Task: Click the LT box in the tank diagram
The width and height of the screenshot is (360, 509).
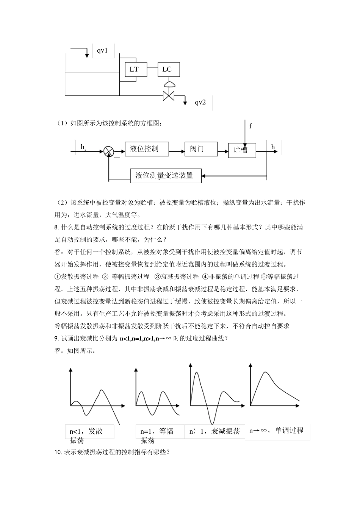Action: [x=134, y=69]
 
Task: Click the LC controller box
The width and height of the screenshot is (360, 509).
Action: [x=167, y=69]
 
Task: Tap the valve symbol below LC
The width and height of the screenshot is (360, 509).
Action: [x=168, y=95]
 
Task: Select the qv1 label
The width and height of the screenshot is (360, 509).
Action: [x=103, y=50]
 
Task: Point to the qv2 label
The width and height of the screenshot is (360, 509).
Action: [x=200, y=102]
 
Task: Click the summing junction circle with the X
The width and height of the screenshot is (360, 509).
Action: [x=109, y=151]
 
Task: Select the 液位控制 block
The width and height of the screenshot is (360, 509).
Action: [x=144, y=148]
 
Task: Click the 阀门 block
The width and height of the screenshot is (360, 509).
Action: [x=197, y=148]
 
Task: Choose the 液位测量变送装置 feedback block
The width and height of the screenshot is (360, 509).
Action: [x=164, y=176]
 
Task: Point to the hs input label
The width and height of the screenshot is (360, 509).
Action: [x=83, y=147]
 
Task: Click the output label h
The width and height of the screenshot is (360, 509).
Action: [x=273, y=147]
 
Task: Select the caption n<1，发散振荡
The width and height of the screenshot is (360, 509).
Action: [x=86, y=435]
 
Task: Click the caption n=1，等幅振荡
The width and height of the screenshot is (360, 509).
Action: [x=157, y=435]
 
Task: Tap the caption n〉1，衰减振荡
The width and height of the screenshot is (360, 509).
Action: [x=214, y=431]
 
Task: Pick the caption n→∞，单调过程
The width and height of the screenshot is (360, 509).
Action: [x=276, y=431]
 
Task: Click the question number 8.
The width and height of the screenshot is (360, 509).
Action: [x=56, y=227]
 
